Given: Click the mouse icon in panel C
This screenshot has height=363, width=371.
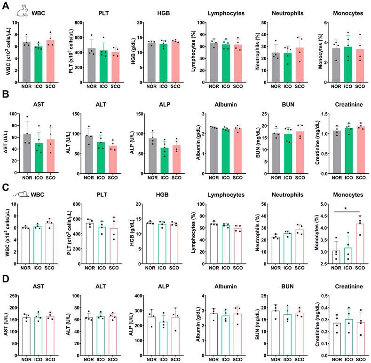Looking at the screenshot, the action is (21, 194).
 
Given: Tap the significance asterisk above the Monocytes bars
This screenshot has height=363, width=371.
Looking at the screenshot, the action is (346, 209).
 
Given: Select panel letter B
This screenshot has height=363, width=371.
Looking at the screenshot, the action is (5, 94).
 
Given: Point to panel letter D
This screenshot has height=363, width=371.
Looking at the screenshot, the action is (6, 278).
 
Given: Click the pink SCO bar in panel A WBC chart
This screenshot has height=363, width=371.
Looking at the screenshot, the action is (50, 61).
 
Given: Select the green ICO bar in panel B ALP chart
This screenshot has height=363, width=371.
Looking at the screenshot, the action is (165, 161).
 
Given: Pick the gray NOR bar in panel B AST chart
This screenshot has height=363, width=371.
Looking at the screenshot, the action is (27, 153).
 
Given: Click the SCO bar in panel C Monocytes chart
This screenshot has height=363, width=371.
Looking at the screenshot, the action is (360, 244).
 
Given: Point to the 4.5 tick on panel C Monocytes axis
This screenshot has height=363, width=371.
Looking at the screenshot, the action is (324, 216).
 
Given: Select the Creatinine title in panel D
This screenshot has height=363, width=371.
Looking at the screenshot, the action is (349, 286).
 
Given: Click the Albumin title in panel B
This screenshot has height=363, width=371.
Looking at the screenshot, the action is (226, 104).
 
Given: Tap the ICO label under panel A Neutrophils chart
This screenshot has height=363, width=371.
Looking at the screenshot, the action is (287, 86).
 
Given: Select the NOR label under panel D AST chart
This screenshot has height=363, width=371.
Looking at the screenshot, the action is (26, 359).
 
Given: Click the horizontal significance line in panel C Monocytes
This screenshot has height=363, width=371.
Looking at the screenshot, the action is (347, 212).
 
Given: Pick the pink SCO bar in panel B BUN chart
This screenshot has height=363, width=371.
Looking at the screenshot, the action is (300, 153).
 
